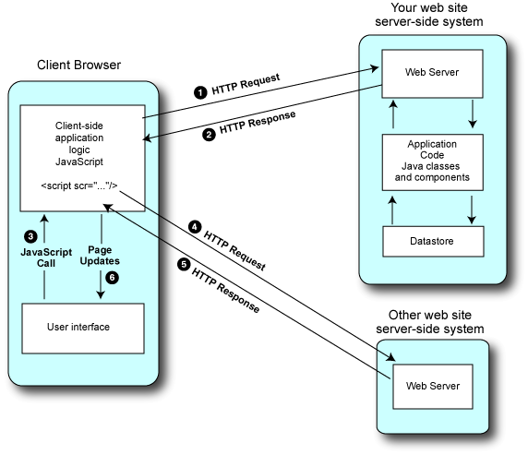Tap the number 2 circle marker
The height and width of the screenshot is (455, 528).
pos(210,134)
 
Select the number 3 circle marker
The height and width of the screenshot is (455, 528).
pos(30,235)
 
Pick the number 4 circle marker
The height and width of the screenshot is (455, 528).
pos(194,225)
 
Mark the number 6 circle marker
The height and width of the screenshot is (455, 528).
pos(113,275)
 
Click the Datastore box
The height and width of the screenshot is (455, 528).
pos(433,242)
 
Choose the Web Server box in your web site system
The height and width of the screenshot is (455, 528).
pos(433,71)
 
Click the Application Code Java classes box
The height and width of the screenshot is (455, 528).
pos(433,162)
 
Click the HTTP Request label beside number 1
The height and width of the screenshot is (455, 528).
pos(245,85)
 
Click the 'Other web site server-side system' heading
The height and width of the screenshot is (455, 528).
pos(436,322)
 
